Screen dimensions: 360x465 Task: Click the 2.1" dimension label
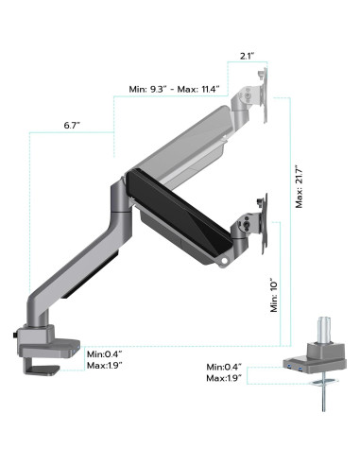click(x=248, y=57)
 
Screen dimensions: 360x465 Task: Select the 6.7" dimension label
click(x=72, y=126)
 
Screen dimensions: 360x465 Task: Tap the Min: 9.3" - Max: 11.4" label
click(x=174, y=89)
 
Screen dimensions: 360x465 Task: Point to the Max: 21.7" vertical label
click(x=299, y=186)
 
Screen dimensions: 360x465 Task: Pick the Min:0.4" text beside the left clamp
click(x=105, y=354)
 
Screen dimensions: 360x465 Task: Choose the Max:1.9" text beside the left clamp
click(x=105, y=366)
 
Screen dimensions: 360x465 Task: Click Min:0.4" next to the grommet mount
click(x=224, y=367)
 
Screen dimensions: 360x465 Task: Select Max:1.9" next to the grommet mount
click(x=224, y=378)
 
